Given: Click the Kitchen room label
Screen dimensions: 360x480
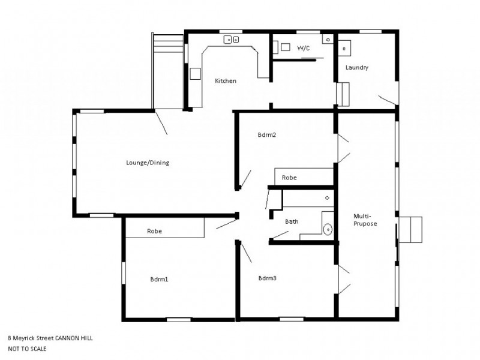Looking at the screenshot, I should (226, 81).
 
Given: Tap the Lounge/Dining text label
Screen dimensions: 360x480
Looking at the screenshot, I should (144, 162).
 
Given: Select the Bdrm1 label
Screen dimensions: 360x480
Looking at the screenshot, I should (159, 278).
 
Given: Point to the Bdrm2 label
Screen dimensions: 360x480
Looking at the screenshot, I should (266, 134).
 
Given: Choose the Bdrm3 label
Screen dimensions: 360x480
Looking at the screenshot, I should (267, 278).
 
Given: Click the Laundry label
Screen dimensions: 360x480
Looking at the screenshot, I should (356, 68).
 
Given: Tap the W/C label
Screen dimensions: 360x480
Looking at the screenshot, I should (304, 49).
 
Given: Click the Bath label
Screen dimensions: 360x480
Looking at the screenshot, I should (292, 221).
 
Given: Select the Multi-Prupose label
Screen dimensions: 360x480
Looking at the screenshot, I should (365, 220).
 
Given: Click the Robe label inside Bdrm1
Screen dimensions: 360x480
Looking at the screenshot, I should (155, 230).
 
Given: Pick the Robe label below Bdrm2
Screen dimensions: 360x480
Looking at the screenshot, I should (289, 178).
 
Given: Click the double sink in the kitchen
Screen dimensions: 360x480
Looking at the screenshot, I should (232, 40).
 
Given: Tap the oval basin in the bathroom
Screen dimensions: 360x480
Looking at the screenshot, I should (328, 229).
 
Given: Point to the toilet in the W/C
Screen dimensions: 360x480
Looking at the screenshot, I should (284, 46).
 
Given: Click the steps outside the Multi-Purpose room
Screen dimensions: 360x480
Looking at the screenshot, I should (411, 229).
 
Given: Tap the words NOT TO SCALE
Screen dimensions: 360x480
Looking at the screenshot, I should (27, 348).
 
